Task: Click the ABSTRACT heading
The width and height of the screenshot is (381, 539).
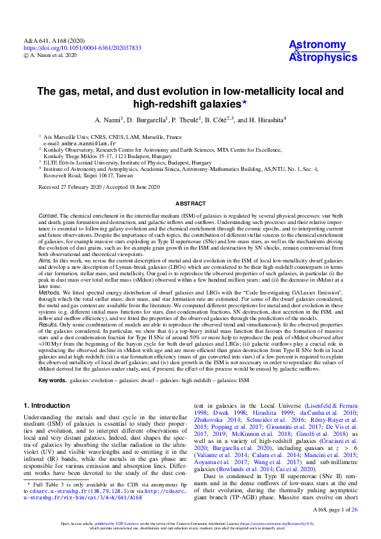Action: tap(190, 204)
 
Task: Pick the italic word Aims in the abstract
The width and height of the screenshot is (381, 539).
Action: tap(45, 261)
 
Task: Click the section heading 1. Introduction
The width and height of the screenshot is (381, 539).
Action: tap(46, 406)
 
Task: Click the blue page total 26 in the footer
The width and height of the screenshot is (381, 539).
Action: tap(354, 509)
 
